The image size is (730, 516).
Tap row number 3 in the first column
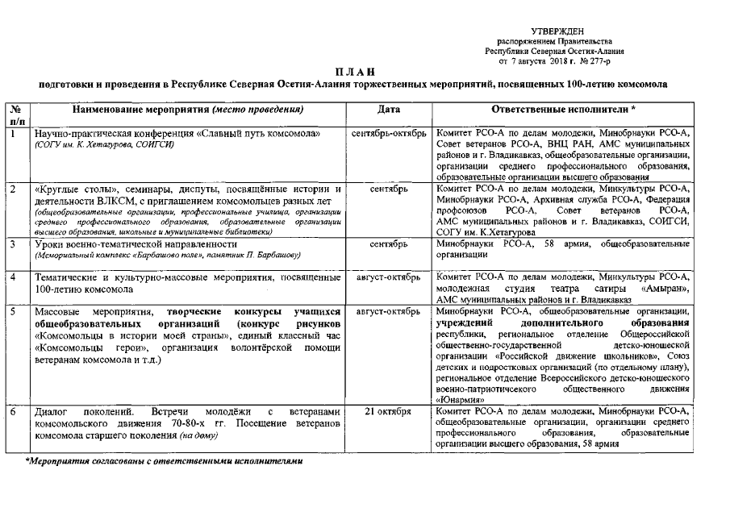(x=13, y=243)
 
